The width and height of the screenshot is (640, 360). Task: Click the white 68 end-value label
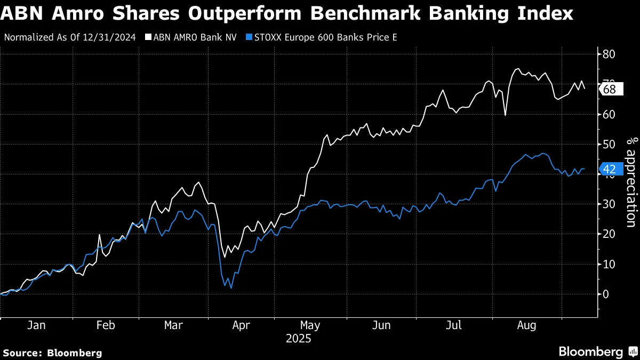[610, 89]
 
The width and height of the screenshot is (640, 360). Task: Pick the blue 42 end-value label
[610, 170]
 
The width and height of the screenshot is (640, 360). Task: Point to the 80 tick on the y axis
[610, 54]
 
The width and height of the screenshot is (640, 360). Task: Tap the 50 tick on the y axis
[610, 144]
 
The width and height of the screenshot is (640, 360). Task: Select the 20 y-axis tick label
[610, 234]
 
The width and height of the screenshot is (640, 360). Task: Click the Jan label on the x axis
[36, 325]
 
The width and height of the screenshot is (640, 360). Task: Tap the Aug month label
[526, 325]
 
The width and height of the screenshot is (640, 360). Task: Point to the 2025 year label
[299, 339]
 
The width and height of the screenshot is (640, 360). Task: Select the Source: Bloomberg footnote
[52, 353]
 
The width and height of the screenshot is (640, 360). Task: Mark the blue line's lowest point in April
[231, 288]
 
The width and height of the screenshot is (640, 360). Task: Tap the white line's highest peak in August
[517, 69]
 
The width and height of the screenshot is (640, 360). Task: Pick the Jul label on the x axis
[453, 325]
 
